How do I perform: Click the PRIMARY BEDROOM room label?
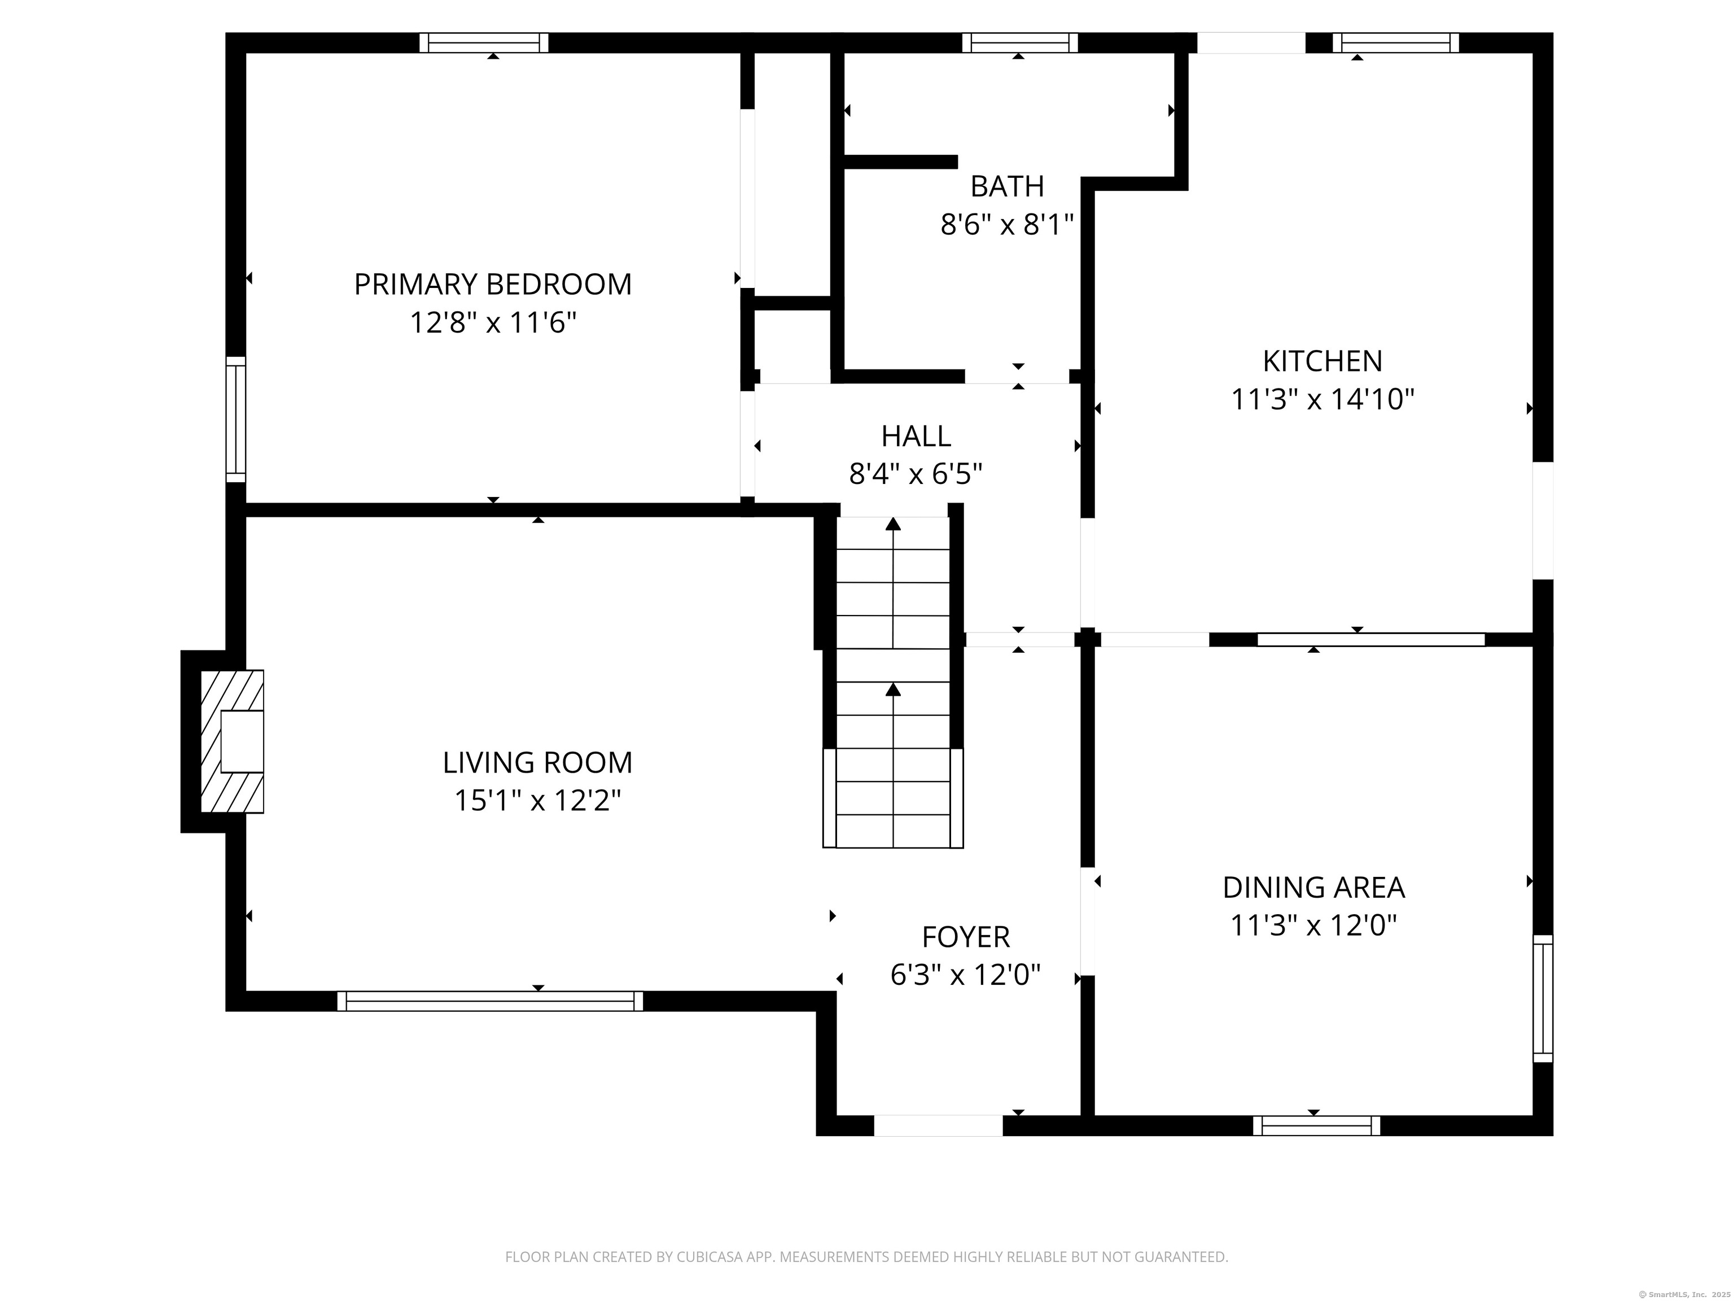(493, 284)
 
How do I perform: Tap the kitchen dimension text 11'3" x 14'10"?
(1323, 399)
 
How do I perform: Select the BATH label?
(1008, 187)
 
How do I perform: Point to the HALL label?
(916, 436)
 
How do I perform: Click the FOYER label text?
(966, 937)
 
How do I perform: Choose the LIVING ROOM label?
(538, 762)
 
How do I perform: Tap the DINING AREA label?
(1314, 888)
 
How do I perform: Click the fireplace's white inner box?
(242, 741)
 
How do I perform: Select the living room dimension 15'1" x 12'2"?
(538, 801)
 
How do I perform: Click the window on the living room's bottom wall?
(490, 1001)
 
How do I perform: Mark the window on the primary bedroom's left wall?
(236, 420)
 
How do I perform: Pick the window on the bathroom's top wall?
(1020, 42)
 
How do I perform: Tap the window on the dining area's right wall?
(1543, 998)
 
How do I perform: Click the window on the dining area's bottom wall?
(1317, 1125)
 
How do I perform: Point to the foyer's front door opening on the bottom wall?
(938, 1125)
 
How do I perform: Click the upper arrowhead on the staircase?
(893, 524)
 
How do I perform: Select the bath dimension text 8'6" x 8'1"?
(1008, 225)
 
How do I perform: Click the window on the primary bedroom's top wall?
(484, 42)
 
